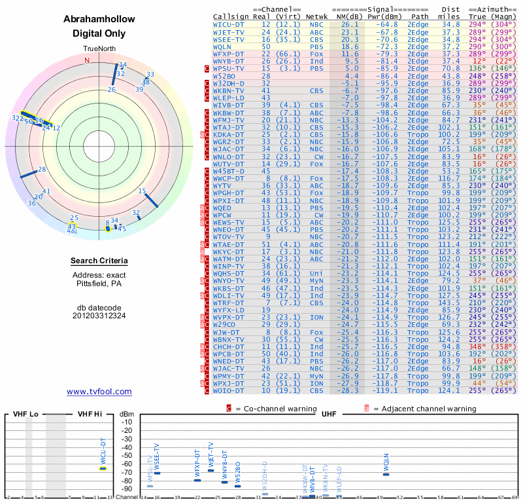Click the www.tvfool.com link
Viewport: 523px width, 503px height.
(x=99, y=392)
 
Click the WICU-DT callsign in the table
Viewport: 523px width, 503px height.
(x=229, y=24)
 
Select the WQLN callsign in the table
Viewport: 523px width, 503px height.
(x=222, y=47)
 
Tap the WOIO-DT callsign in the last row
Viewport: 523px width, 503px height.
(x=229, y=390)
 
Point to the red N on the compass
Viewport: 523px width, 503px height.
(x=87, y=60)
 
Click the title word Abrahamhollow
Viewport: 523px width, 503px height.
(x=99, y=20)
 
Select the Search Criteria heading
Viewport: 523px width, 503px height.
(x=99, y=261)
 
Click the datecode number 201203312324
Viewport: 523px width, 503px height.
(x=99, y=315)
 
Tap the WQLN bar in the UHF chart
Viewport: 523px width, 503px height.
(x=386, y=474)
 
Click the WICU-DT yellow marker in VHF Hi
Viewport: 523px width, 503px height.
(x=103, y=468)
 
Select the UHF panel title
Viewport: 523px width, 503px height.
(x=329, y=414)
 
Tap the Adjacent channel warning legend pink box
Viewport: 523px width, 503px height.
(x=367, y=409)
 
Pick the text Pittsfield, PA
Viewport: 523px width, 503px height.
(x=99, y=284)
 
